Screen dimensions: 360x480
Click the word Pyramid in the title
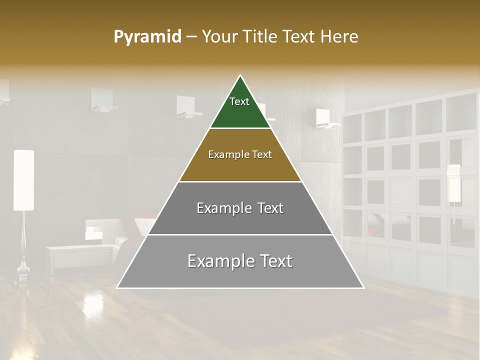147,37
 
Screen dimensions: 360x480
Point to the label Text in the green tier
239,101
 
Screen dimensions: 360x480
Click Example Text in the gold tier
240,154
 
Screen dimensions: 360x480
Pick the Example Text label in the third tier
240,208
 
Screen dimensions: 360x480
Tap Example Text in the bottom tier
240,261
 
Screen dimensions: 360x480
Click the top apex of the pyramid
240,75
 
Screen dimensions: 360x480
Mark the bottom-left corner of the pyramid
117,287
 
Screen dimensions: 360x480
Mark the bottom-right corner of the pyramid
363,287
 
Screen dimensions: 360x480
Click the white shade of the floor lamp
23,180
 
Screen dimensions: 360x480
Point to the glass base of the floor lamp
23,272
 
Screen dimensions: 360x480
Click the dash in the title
191,37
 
